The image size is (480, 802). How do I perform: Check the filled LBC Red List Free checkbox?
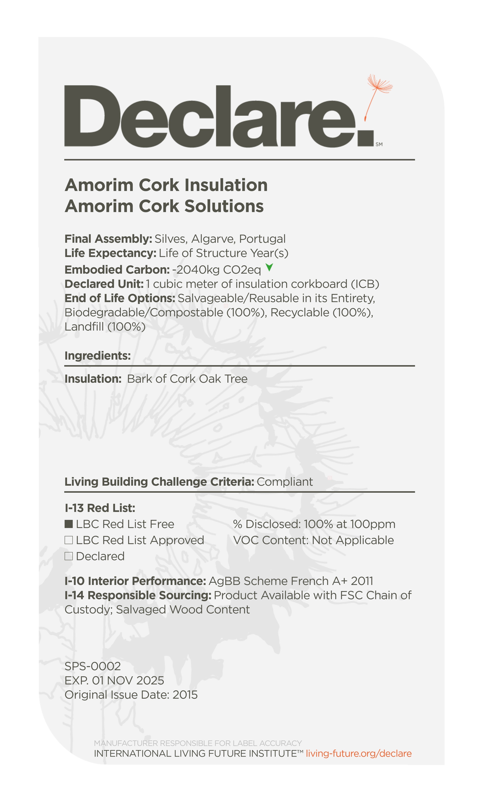[68, 524]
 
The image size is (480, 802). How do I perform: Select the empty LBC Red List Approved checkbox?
[68, 540]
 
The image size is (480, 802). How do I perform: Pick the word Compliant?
[285, 482]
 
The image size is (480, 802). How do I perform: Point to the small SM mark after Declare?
[379, 144]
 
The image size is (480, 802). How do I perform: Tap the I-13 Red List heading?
[100, 508]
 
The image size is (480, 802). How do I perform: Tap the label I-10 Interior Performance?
[135, 581]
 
